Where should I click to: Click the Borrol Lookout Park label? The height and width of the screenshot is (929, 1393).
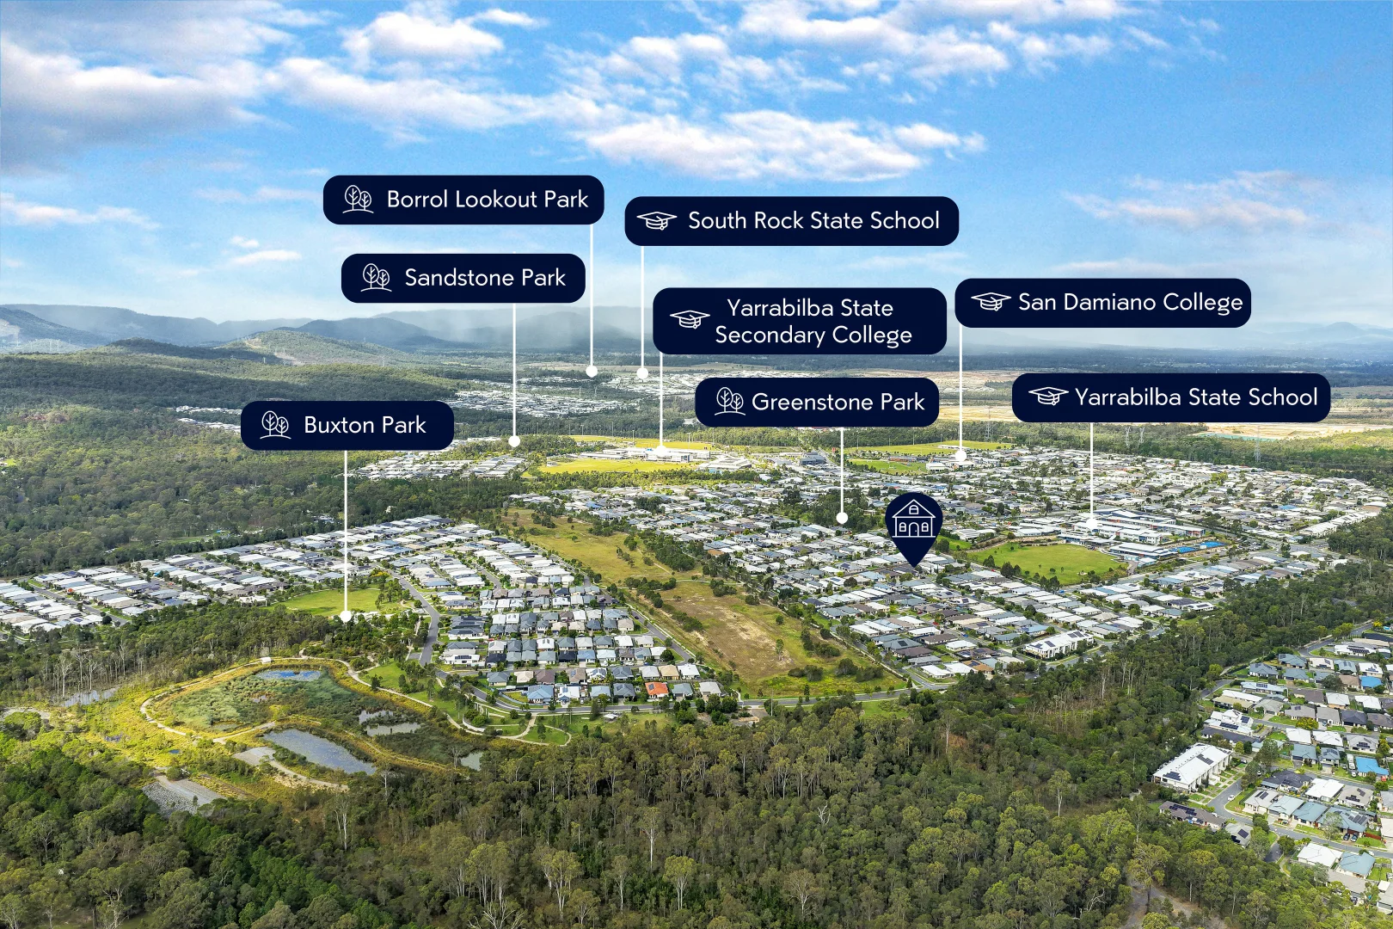(x=463, y=200)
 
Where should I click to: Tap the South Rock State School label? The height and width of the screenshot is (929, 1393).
(x=792, y=221)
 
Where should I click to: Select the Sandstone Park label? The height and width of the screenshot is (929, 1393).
(x=463, y=278)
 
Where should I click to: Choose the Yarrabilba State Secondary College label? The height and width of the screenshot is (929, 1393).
(x=800, y=321)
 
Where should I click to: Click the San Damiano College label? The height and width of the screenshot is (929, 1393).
(x=1102, y=303)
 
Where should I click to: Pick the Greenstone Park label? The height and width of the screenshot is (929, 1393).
(x=817, y=402)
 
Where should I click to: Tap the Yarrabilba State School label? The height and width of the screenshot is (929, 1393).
(x=1171, y=397)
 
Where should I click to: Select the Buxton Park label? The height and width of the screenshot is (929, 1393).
(x=347, y=426)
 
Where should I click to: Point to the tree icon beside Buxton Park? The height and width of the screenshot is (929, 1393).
(x=275, y=425)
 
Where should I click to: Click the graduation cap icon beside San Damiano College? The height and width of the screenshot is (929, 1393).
(x=991, y=302)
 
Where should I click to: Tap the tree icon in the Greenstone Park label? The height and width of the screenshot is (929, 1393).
(x=729, y=402)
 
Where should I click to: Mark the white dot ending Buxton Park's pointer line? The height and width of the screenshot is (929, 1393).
(x=347, y=616)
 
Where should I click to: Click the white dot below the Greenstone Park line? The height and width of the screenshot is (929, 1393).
(x=842, y=518)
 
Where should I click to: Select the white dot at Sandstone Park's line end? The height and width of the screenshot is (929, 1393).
(x=514, y=441)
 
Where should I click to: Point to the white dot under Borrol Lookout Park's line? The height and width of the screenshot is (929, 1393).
(x=592, y=372)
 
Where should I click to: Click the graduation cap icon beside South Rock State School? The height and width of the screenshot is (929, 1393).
(x=657, y=220)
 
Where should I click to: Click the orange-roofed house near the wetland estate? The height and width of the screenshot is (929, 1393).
(x=657, y=689)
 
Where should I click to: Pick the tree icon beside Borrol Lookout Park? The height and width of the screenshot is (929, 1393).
(x=359, y=199)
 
